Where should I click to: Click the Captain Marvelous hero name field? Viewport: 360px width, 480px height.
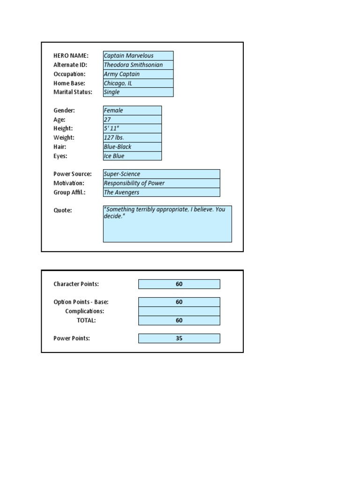coord(138,56)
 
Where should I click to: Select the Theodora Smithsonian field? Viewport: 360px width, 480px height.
coord(138,65)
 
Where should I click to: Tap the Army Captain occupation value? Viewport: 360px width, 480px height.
coord(138,74)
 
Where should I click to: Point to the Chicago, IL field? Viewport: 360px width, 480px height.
coord(138,83)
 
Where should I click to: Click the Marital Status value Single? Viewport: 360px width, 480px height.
coord(138,92)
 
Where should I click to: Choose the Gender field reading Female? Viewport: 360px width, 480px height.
coord(132,111)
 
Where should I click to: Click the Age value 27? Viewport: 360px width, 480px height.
coord(132,120)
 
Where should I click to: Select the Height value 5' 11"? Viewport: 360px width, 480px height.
coord(132,128)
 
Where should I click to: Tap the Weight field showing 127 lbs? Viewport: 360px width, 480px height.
coord(132,138)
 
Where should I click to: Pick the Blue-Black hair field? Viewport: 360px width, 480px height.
coord(132,147)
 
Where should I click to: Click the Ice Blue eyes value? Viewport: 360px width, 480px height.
coord(132,156)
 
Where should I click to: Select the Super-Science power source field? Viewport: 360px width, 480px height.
coord(161,174)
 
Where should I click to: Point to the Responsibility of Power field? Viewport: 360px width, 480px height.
coord(161,183)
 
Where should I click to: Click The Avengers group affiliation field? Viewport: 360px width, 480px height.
coord(161,193)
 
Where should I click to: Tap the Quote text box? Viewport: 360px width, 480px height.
coord(167,224)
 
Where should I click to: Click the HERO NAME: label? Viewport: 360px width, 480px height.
coord(71,56)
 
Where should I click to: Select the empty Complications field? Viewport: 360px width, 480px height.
coord(179,311)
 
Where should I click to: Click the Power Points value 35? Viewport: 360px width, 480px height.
coord(179,338)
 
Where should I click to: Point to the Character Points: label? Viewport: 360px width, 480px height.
coord(76,284)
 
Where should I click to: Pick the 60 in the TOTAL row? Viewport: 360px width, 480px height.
coord(179,321)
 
